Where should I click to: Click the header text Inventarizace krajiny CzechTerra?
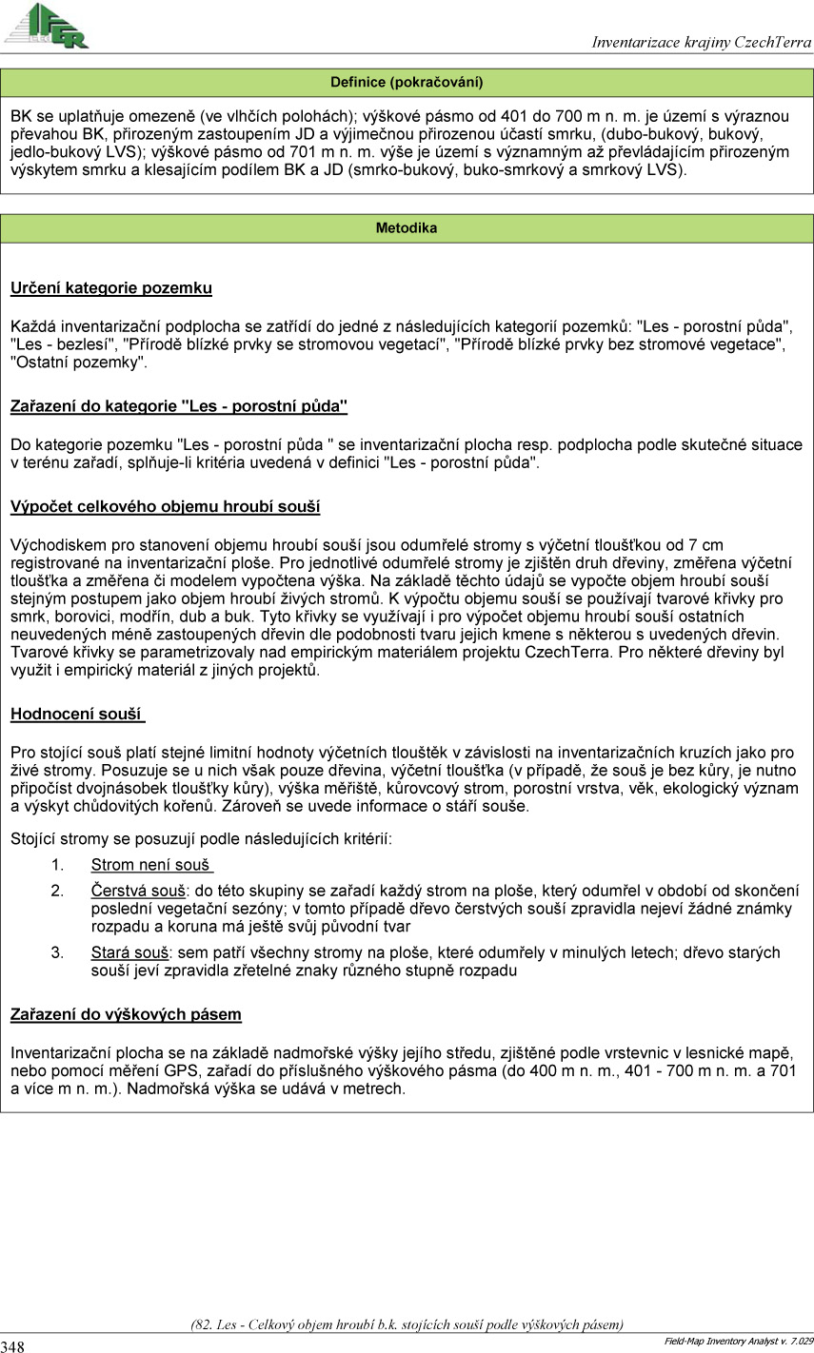pyautogui.click(x=701, y=43)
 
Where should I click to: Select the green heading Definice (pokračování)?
pyautogui.click(x=407, y=82)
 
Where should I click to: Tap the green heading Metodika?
pyautogui.click(x=407, y=228)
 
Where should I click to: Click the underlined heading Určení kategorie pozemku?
pyautogui.click(x=111, y=288)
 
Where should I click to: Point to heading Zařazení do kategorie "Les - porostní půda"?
pyautogui.click(x=179, y=407)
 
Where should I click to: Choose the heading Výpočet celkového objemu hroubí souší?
pyautogui.click(x=165, y=507)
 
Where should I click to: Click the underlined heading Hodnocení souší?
pyautogui.click(x=77, y=715)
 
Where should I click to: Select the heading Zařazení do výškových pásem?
pyautogui.click(x=126, y=1015)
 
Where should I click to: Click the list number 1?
pyautogui.click(x=57, y=865)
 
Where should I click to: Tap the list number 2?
pyautogui.click(x=57, y=891)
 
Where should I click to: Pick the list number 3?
pyautogui.click(x=57, y=952)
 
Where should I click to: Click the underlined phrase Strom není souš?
pyautogui.click(x=151, y=865)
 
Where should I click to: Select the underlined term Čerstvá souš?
pyautogui.click(x=138, y=891)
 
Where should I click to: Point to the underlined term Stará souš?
pyautogui.click(x=130, y=952)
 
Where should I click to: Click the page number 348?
pyautogui.click(x=13, y=1345)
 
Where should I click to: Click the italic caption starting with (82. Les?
pyautogui.click(x=407, y=1324)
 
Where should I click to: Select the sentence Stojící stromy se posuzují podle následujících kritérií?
pyautogui.click(x=201, y=839)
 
